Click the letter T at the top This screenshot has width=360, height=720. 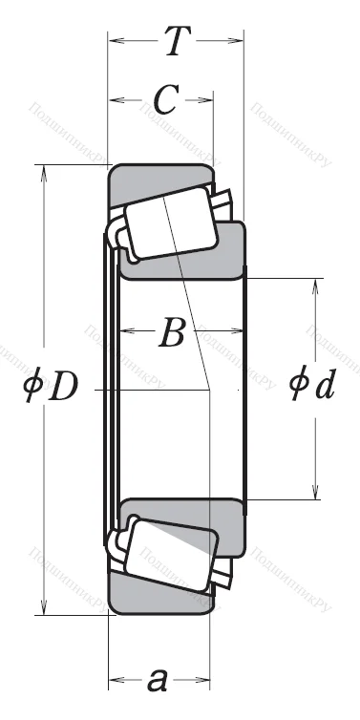point(175,41)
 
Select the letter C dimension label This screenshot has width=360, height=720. point(164,99)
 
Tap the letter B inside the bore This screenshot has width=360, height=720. point(172,333)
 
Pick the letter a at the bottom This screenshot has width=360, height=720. point(159,680)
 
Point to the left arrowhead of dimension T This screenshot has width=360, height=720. point(115,40)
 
